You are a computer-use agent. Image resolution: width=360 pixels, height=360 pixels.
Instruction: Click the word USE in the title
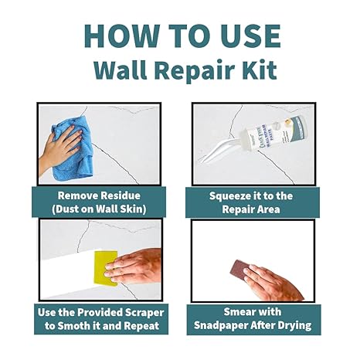pos(249,36)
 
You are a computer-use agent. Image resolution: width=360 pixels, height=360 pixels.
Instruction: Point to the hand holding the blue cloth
pos(59,148)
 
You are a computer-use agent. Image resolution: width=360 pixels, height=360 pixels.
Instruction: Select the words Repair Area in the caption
pos(253,209)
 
